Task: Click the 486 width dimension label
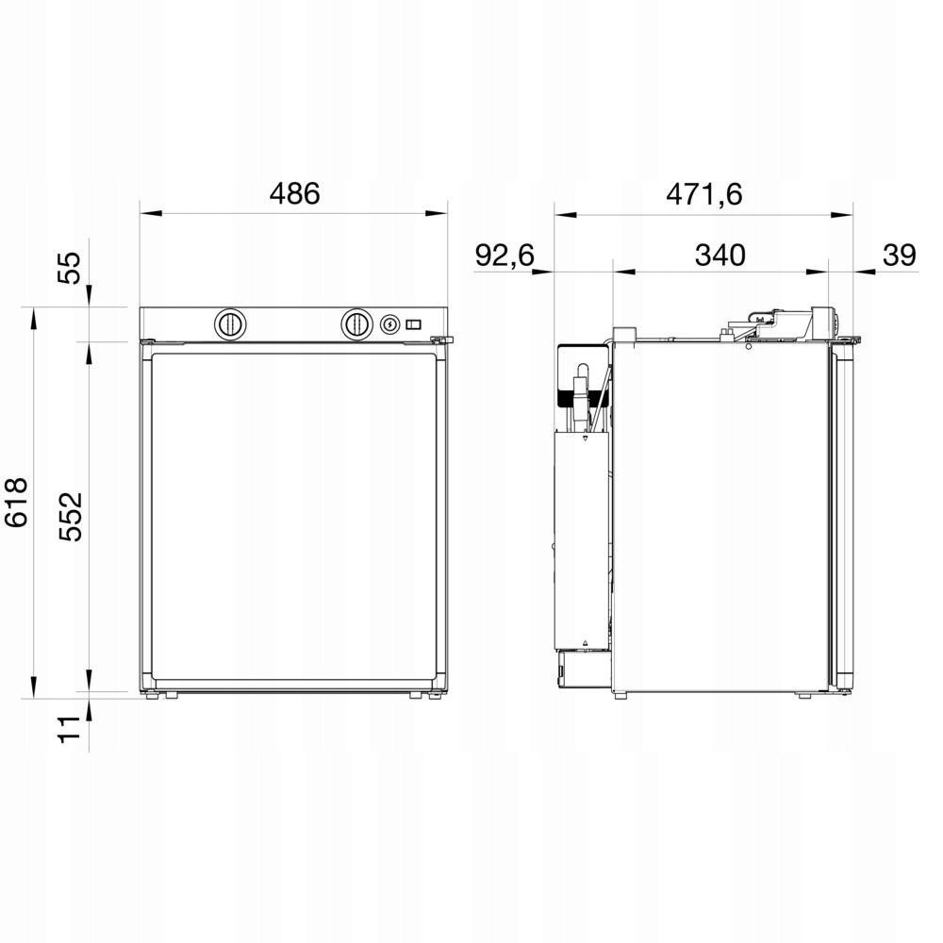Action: [x=294, y=194]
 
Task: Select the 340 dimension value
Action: [x=720, y=255]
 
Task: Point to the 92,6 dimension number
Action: [x=505, y=255]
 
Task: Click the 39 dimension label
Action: [x=899, y=255]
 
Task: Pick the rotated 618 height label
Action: [x=17, y=503]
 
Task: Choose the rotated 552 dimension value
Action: [x=71, y=517]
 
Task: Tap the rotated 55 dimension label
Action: [x=69, y=268]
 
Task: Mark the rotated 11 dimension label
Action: [x=69, y=730]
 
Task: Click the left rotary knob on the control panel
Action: [x=230, y=324]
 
